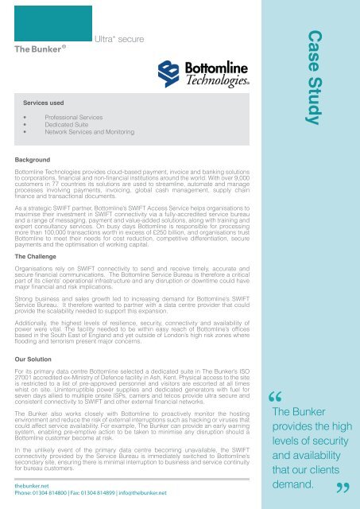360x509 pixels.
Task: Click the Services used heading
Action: (x=48, y=103)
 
